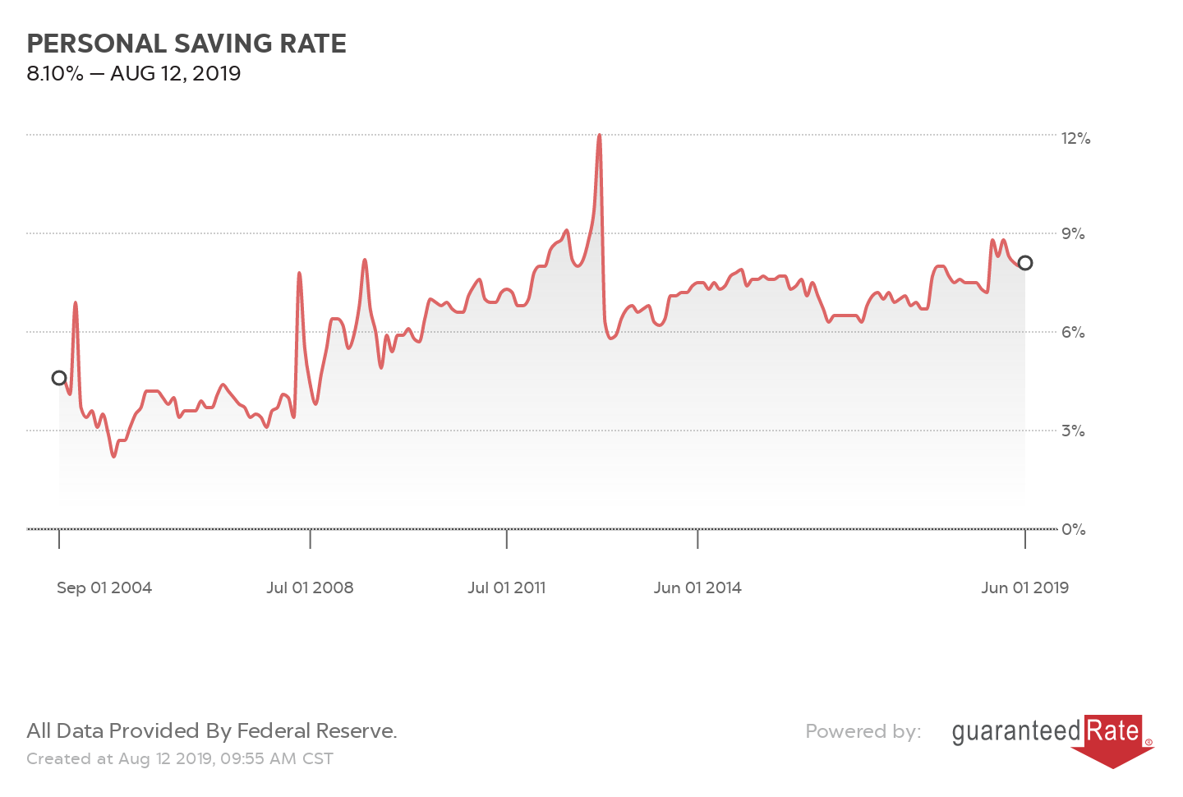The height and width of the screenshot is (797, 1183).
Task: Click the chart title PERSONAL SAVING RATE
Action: point(186,44)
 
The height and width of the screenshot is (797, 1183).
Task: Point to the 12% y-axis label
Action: point(1075,138)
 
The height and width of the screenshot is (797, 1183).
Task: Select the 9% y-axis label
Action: point(1073,234)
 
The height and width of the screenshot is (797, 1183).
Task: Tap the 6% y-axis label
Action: point(1073,333)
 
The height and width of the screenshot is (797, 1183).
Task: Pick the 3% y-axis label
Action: point(1073,431)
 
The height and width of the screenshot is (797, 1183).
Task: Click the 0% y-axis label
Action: point(1073,530)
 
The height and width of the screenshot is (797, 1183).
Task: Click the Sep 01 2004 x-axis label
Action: point(104,588)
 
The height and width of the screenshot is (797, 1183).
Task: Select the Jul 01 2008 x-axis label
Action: point(310,588)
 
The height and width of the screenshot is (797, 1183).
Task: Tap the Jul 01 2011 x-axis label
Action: point(507,588)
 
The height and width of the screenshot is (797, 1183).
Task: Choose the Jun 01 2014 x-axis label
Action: point(697,588)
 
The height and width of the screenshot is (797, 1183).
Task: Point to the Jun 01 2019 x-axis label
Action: point(1024,588)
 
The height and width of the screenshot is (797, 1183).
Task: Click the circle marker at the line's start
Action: point(59,378)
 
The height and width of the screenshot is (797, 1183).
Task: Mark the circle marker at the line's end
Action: point(1025,263)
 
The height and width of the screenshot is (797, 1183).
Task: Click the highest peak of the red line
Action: point(600,135)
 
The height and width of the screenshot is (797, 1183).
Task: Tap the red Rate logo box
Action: point(1113,731)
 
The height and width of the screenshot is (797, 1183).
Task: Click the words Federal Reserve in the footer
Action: point(316,731)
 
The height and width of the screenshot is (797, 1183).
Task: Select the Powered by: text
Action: point(863,731)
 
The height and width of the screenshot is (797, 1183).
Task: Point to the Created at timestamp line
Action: point(180,759)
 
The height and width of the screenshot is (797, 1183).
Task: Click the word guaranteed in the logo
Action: point(1016,731)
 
